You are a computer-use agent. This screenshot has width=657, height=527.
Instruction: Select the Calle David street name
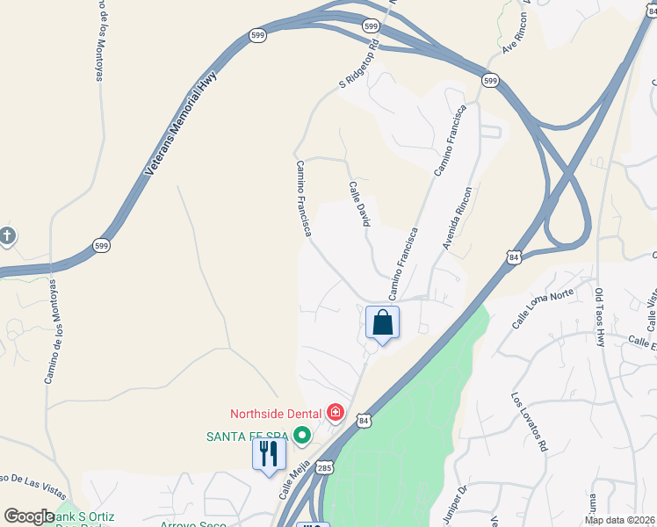pos(357,204)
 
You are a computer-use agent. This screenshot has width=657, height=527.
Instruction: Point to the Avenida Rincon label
pos(458,218)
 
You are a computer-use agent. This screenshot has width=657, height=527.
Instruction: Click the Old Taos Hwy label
pos(600,316)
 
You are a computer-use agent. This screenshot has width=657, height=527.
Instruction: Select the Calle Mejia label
pos(295,482)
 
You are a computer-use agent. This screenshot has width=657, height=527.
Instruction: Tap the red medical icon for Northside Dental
pos(335,412)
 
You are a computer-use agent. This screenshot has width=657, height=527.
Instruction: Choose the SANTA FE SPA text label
pos(248,436)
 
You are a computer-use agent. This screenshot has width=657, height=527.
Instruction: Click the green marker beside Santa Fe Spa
pos(302,435)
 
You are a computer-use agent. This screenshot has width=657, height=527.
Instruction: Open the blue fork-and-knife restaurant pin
pos(269,454)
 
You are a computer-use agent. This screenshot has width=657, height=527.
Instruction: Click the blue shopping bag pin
pos(383,322)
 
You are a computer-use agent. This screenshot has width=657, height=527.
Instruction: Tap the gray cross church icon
pos(7,235)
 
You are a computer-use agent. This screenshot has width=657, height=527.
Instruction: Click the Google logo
pos(29,516)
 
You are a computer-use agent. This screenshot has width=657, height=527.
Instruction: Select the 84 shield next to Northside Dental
pos(364,422)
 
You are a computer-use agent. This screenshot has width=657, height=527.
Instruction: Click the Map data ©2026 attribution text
pos(619,520)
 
